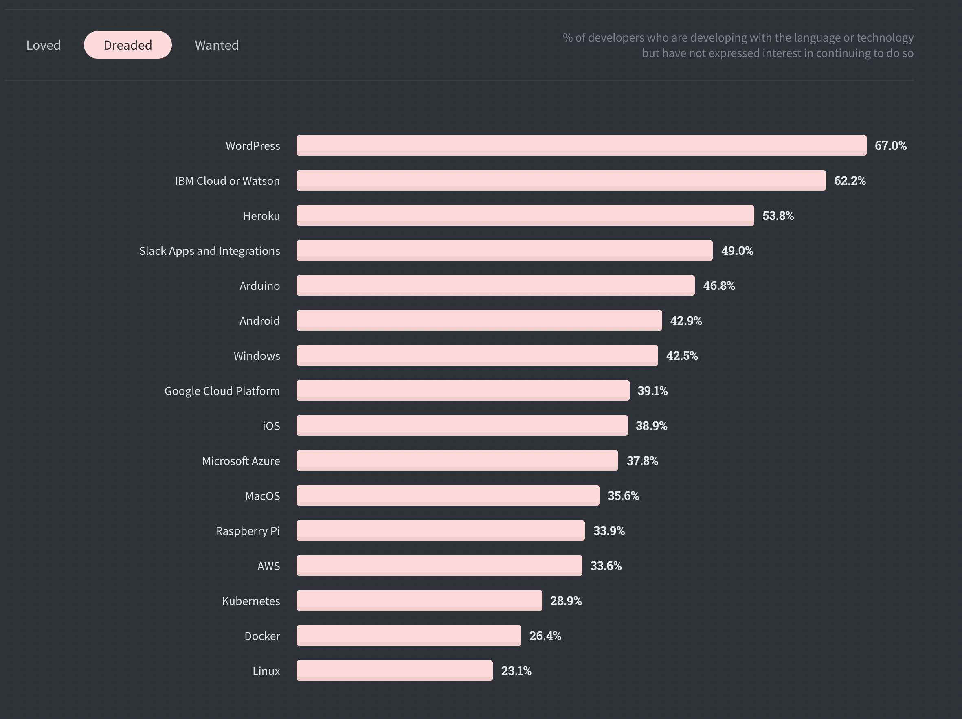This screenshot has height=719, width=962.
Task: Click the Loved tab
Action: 44,45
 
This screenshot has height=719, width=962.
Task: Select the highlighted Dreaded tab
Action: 128,45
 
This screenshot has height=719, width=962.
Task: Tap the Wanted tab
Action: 217,45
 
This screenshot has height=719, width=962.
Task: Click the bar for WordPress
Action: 581,145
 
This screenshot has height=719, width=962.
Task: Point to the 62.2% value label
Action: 849,181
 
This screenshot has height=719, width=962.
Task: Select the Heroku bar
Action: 525,215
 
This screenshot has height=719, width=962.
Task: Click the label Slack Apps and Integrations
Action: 209,251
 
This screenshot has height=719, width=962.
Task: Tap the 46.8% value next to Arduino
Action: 718,285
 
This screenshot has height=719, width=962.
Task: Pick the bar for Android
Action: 479,320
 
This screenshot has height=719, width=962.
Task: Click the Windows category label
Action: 257,356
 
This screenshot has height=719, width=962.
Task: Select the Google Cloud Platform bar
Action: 463,390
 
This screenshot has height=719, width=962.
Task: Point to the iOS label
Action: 271,426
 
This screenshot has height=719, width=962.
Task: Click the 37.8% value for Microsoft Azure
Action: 642,461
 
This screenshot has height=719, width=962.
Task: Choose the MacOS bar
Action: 448,495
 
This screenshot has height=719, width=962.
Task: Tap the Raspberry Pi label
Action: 248,531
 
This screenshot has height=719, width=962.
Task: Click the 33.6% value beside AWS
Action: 605,566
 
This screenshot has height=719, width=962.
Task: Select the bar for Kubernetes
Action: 419,601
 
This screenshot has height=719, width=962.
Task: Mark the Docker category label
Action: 262,636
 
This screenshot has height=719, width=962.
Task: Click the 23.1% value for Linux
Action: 516,671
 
